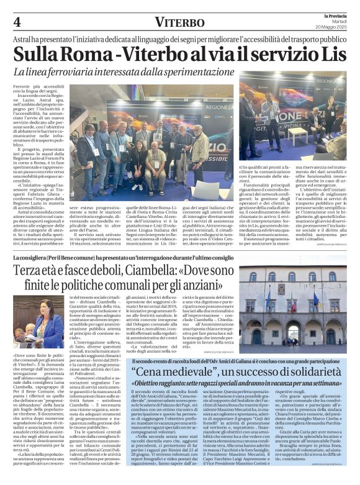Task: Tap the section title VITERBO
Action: click(179, 22)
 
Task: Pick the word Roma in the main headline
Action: click(85, 53)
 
